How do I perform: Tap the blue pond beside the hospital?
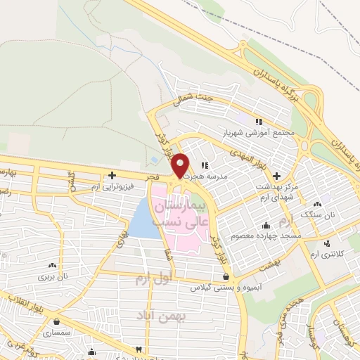click(x=143, y=219)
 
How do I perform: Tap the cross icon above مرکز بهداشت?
click(x=276, y=174)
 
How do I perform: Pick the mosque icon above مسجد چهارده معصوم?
click(x=266, y=225)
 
